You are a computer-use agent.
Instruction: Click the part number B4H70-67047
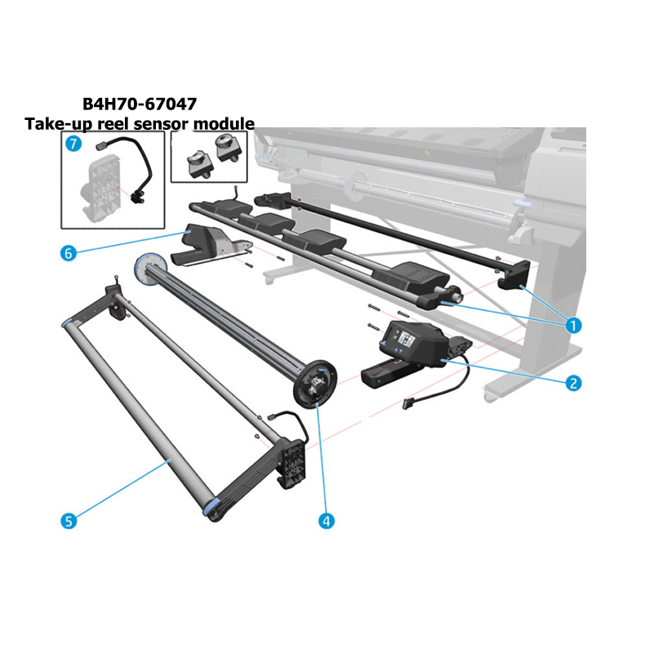140,104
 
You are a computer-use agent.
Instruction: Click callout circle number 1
573,325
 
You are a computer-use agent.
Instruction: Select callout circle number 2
573,383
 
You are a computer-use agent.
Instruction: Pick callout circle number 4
326,521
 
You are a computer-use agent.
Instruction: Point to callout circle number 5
69,521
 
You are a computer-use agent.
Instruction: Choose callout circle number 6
69,253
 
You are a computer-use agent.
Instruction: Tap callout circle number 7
73,144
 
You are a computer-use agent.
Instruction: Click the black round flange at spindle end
315,384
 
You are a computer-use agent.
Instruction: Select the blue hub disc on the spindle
150,269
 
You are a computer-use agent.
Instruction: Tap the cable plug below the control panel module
408,403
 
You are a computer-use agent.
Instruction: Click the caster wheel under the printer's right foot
491,397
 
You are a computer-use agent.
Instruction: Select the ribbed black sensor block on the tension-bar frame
294,463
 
